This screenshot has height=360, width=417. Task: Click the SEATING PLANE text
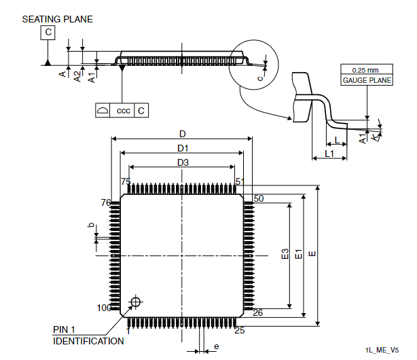tap(58, 20)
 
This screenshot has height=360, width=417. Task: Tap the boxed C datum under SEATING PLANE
tap(48, 33)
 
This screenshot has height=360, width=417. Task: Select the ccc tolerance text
tap(124, 111)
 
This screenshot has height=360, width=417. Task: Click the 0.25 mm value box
tap(367, 69)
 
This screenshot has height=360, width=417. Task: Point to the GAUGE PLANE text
tap(367, 80)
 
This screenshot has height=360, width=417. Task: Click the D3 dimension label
tap(183, 162)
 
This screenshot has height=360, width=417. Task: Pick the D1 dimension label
tap(183, 148)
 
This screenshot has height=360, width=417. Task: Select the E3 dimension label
tap(285, 253)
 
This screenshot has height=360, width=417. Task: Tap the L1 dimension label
tap(329, 154)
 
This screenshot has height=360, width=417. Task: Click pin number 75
tap(126, 181)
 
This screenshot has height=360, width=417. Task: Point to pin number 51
tap(240, 181)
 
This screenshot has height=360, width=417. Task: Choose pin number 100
tap(104, 308)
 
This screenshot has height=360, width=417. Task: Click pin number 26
tap(257, 312)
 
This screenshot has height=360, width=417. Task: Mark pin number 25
tap(240, 331)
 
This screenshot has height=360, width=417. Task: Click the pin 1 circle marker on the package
tap(136, 302)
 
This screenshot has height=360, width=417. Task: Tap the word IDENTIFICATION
tap(88, 341)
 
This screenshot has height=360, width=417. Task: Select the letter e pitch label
tap(217, 346)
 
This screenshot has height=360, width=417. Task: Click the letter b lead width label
tap(91, 225)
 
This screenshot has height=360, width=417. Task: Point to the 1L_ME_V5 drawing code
tap(382, 350)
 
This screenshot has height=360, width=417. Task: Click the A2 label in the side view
tap(77, 77)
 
